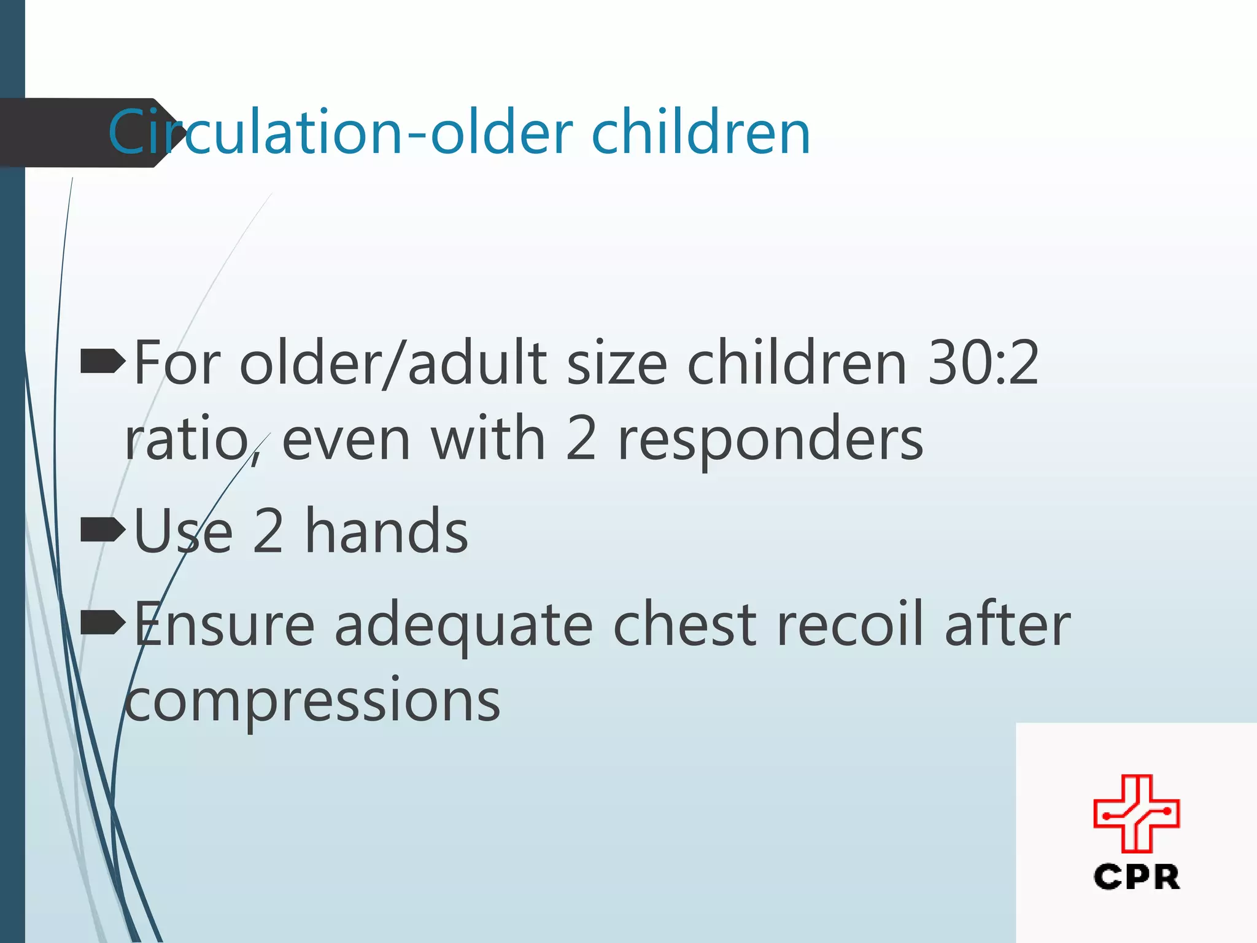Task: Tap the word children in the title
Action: click(x=700, y=133)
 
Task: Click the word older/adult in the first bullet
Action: click(x=392, y=363)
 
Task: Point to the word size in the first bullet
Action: click(x=616, y=363)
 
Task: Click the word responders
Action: click(x=770, y=440)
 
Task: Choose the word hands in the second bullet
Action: click(x=387, y=531)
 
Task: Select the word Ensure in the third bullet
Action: click(x=224, y=625)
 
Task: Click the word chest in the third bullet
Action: click(x=685, y=625)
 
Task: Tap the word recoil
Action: click(x=850, y=625)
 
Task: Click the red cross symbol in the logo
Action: click(x=1136, y=813)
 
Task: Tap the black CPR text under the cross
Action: click(x=1136, y=877)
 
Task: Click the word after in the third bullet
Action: click(x=1007, y=625)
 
